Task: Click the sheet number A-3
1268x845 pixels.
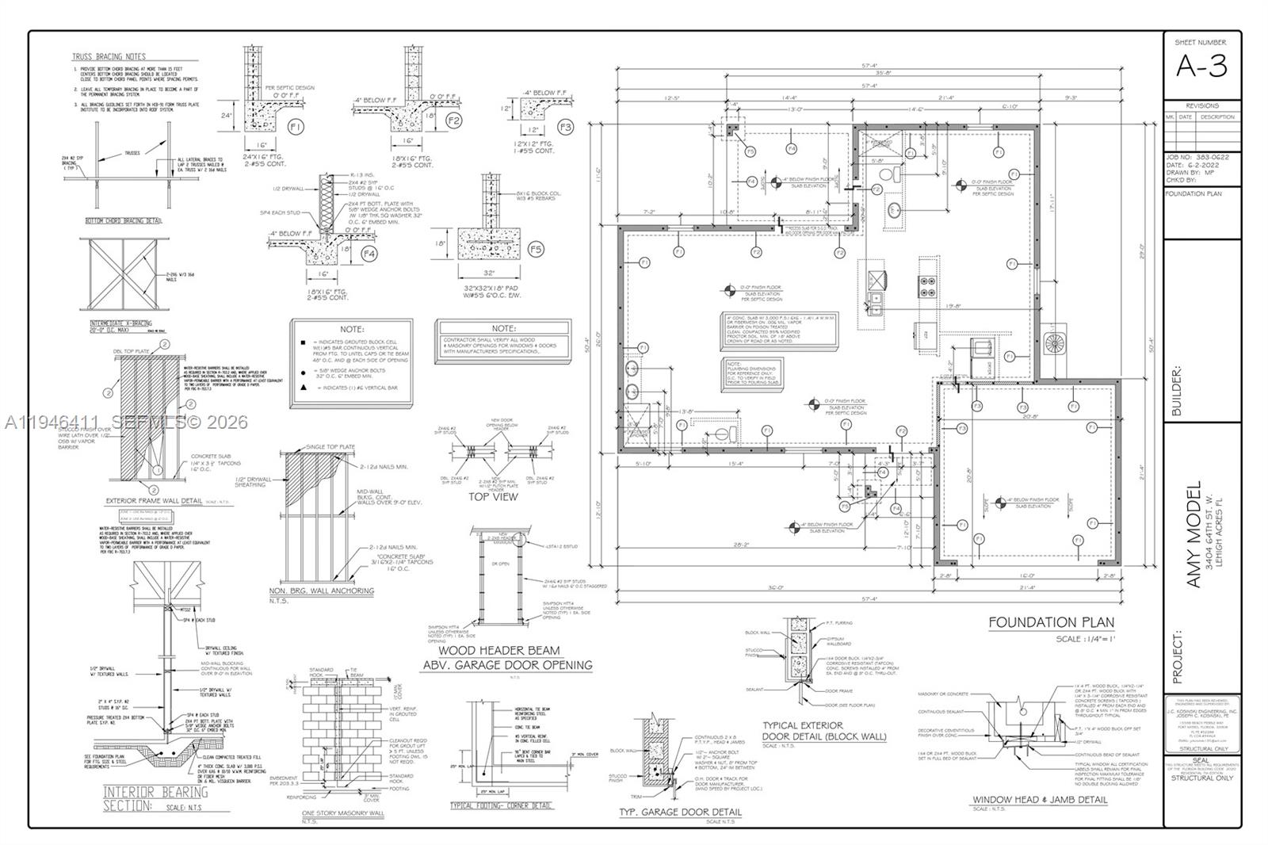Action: point(1201,67)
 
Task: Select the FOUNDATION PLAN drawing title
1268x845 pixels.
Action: point(1051,622)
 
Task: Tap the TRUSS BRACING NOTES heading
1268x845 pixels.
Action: point(108,57)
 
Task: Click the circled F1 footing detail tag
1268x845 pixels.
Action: point(296,126)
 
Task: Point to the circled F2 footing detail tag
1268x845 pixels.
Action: point(454,120)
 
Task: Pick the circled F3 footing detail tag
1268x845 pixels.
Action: point(565,127)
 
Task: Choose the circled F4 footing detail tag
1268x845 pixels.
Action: point(369,254)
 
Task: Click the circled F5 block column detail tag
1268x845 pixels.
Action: point(536,250)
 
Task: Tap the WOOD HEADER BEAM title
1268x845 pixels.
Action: point(506,651)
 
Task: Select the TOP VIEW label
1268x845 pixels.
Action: point(493,497)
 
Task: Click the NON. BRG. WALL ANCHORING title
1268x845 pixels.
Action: point(321,591)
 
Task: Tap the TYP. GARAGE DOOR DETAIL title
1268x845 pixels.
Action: point(681,812)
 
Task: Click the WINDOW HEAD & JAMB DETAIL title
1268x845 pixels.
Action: point(1040,800)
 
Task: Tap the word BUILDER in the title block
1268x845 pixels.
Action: point(1176,390)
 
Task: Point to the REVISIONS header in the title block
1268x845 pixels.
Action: point(1202,105)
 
